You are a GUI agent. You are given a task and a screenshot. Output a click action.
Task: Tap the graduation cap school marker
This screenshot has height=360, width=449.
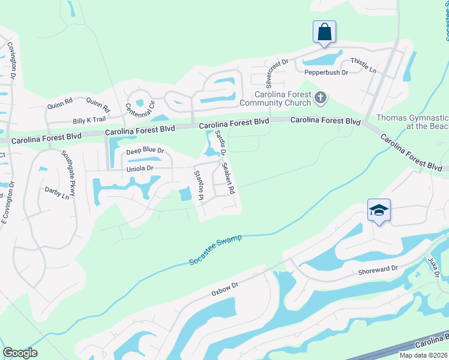pos(379,210)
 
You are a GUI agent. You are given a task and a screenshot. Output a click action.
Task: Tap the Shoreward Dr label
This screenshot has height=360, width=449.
pos(378,270)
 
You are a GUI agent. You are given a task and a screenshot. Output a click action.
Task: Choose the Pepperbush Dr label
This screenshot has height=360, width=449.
pos(326,73)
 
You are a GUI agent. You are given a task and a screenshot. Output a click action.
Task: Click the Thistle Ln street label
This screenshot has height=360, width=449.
pos(363,65)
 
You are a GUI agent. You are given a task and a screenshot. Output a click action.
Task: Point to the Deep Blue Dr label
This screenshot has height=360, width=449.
pos(145,151)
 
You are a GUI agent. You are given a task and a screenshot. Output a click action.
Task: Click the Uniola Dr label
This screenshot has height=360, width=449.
pos(140,169)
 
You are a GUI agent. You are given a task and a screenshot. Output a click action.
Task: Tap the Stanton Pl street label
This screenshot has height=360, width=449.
pos(197,185)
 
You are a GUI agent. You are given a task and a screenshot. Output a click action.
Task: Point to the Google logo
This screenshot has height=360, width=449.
pos(20,353)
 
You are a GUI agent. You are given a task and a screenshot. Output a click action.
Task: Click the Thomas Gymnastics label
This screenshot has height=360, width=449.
pos(412,122)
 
